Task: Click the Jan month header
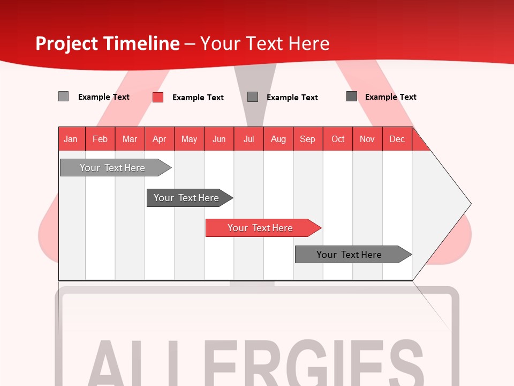tap(71, 139)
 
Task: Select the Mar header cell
tap(130, 139)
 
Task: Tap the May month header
tap(189, 139)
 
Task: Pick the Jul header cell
tap(248, 139)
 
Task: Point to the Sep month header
tap(307, 139)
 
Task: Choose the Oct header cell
tap(338, 139)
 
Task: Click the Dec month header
tap(397, 139)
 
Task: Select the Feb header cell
tap(100, 139)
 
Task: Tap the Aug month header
tap(278, 139)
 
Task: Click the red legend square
tap(158, 97)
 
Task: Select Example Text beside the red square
tap(198, 98)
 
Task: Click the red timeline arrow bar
tap(263, 228)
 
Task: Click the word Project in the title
tap(66, 43)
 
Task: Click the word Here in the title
tap(309, 43)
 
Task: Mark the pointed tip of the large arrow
tap(470, 204)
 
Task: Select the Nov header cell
tap(367, 139)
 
